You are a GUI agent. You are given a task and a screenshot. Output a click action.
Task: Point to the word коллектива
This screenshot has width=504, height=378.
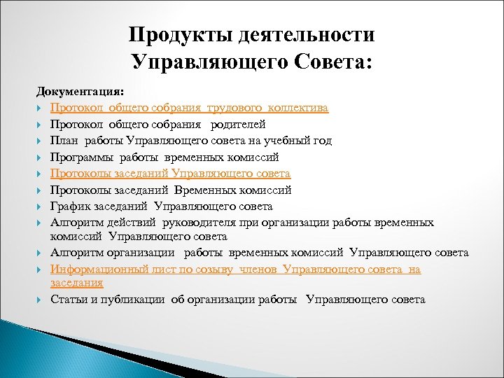pos(299,108)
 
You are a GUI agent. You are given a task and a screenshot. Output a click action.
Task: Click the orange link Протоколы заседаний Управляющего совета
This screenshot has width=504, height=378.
pos(170,174)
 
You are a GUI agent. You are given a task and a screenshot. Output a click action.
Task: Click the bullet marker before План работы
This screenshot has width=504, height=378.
pos(41,141)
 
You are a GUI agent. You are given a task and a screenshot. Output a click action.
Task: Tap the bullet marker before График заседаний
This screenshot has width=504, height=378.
pos(41,206)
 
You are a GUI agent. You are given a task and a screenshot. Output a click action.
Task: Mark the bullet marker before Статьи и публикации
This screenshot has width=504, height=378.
pos(41,300)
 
